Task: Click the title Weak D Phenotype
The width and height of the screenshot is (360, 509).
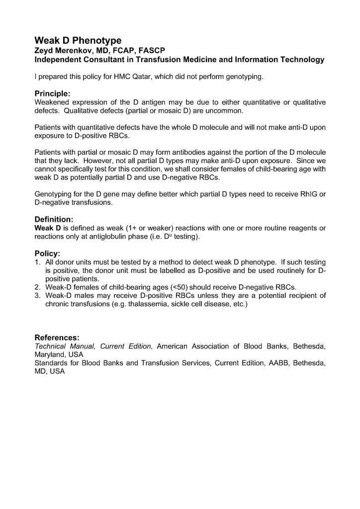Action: (78, 40)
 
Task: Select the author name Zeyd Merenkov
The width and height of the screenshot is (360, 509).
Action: (67, 50)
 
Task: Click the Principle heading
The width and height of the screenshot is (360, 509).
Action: (52, 93)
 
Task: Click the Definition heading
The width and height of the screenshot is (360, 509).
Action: (54, 219)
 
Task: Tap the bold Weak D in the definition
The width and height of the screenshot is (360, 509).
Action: (48, 228)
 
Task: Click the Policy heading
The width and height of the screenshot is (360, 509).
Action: (47, 254)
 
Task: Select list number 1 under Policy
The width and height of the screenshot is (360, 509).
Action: (37, 262)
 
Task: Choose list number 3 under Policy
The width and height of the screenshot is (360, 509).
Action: (37, 296)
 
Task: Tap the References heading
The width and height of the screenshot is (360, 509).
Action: (57, 338)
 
